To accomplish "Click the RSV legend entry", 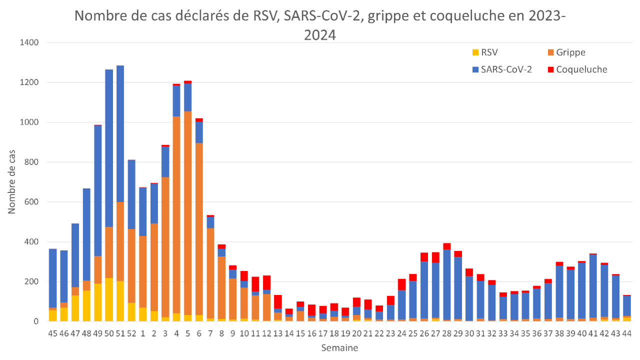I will tap(488, 52).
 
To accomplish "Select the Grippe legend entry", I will tap(566, 52).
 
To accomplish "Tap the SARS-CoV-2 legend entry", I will tap(505, 69).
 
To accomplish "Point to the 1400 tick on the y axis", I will tap(29, 42).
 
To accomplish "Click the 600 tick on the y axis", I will tap(31, 202).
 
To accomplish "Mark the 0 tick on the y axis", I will tap(36, 321).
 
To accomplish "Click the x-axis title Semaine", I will tap(339, 347).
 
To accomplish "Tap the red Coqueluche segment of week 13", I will tap(277, 301).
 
